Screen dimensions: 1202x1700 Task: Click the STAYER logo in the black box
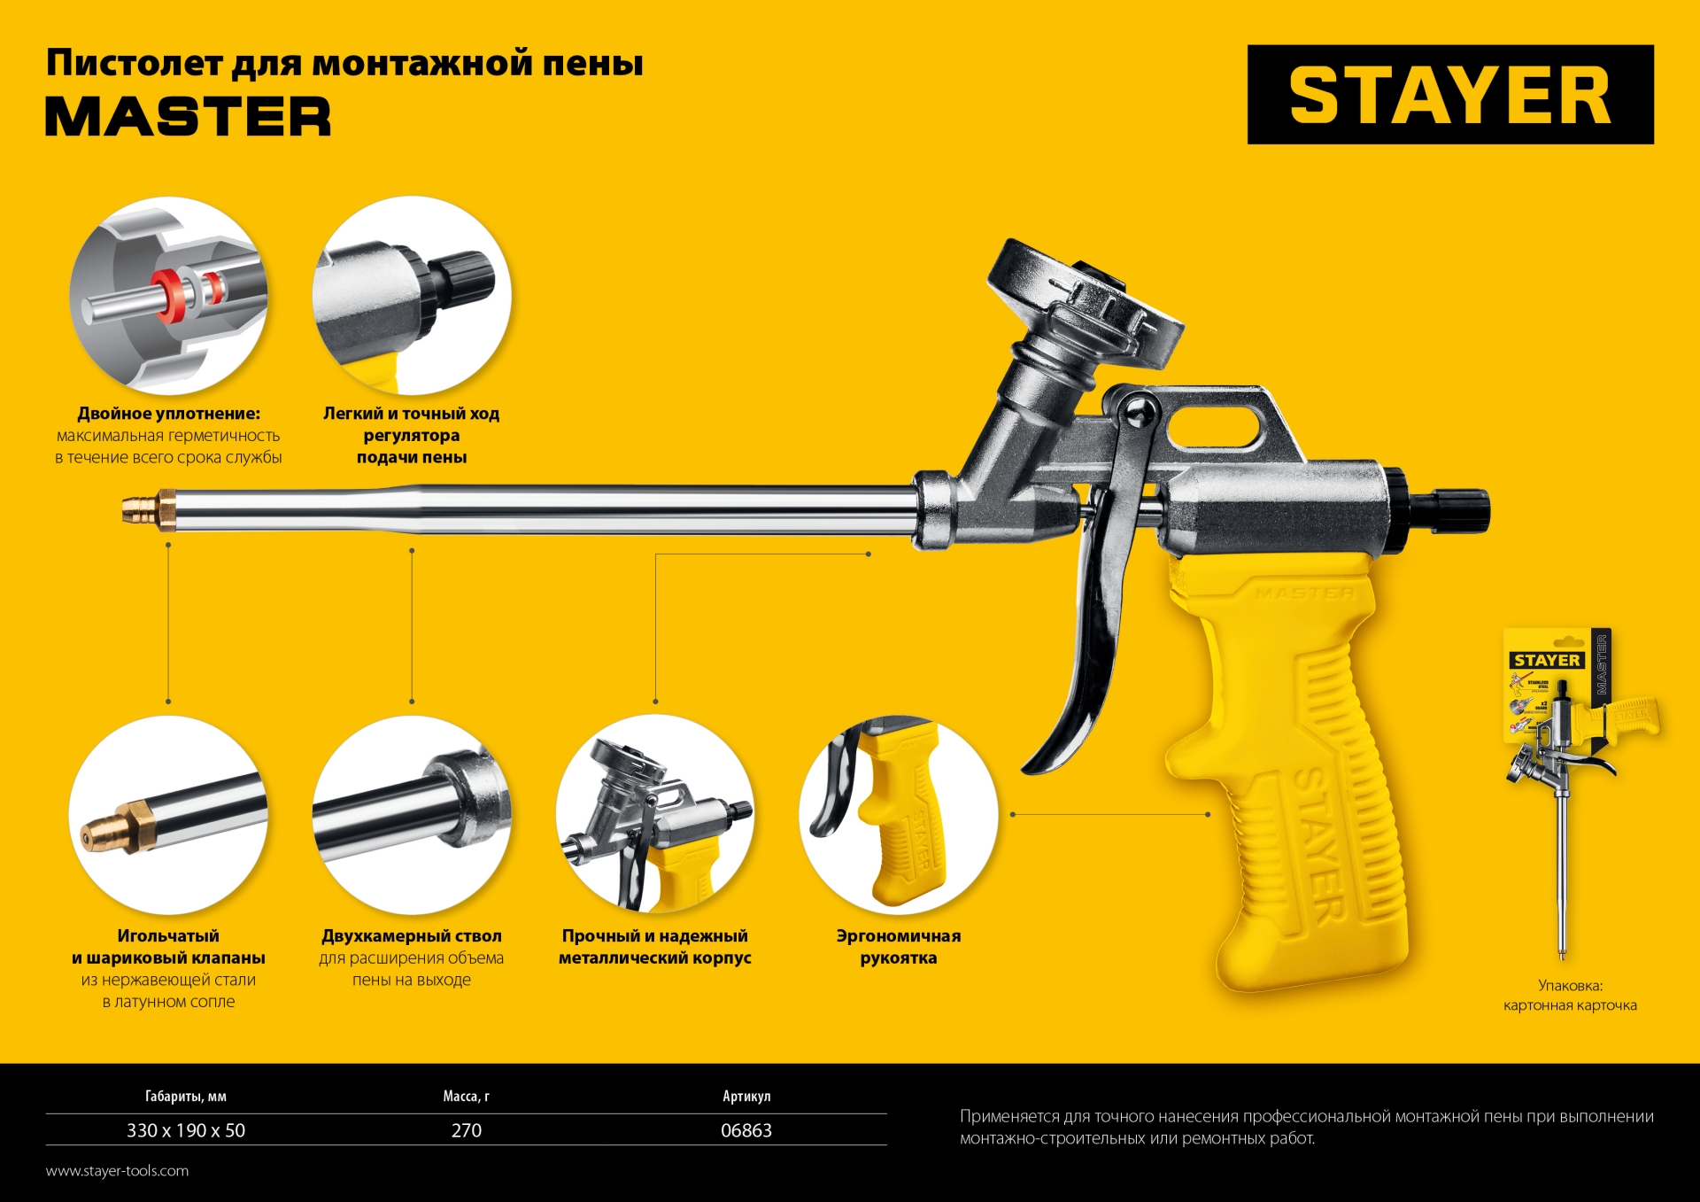1449,95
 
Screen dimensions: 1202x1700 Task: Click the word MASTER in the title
188,117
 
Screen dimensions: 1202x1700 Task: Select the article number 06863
746,1130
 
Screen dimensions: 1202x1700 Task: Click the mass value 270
467,1130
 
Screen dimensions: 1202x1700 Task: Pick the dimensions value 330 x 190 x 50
186,1130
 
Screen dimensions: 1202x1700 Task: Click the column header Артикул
746,1097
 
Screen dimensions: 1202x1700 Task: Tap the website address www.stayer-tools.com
117,1171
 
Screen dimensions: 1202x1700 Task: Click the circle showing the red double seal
168,296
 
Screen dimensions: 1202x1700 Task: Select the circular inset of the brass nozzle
168,815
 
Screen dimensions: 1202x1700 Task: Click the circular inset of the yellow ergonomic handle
898,815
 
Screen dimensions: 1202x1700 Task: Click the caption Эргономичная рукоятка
898,947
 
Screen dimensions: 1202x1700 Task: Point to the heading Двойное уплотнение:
168,414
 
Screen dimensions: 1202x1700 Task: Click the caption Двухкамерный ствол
412,936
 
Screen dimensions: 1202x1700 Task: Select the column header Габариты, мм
186,1097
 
